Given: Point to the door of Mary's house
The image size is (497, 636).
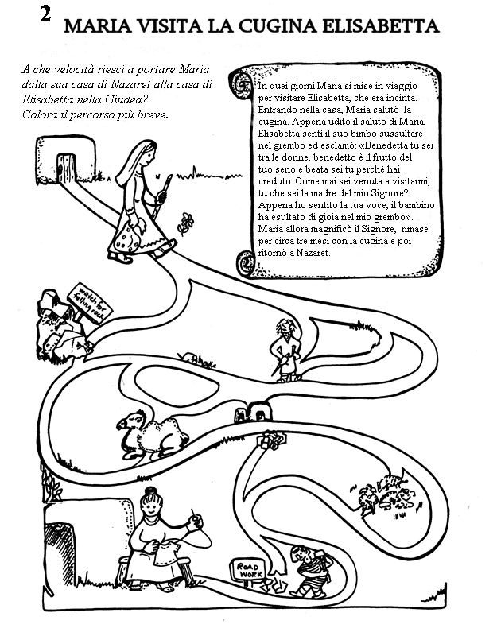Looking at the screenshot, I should pyautogui.click(x=64, y=166).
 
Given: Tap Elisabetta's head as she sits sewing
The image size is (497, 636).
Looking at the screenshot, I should pyautogui.click(x=150, y=502).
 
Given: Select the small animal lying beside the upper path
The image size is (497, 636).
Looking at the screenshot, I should pyautogui.click(x=188, y=357).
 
